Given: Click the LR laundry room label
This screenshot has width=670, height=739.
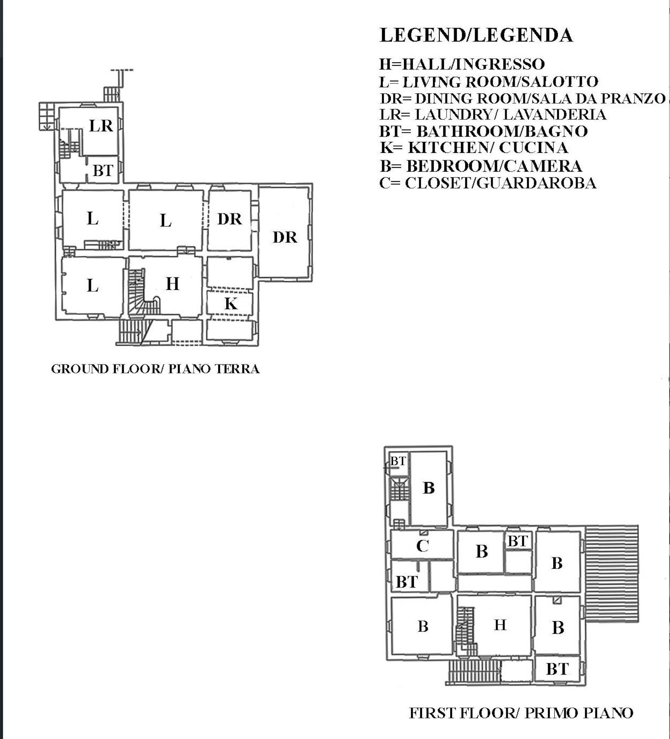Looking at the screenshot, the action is [101, 126].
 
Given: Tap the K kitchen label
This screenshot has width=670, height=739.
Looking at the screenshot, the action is [231, 304].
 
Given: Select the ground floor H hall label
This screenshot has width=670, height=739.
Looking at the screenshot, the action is [173, 284].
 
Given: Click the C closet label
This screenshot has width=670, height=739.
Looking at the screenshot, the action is [422, 546].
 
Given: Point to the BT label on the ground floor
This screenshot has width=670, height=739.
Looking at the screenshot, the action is [103, 171].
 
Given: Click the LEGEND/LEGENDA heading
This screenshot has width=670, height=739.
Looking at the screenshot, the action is [476, 35].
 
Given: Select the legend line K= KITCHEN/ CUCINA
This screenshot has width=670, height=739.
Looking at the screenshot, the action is [474, 148].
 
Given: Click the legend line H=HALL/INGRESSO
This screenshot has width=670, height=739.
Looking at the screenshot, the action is [462, 64].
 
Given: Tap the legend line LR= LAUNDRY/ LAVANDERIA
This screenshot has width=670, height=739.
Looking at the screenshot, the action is [493, 115].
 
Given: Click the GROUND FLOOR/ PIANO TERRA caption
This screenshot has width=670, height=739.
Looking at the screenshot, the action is [155, 369].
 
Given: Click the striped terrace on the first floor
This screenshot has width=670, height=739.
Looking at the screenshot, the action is [611, 574].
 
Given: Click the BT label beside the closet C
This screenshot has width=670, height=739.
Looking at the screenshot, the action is [406, 582].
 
